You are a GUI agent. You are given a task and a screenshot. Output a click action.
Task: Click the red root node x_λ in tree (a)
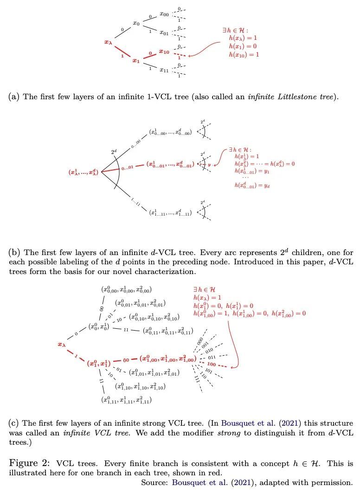(108, 43)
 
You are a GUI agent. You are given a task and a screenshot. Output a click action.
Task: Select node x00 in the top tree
(164, 14)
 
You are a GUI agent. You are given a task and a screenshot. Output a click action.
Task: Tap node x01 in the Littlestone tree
(164, 32)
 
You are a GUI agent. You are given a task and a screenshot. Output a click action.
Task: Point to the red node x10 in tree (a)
(164, 51)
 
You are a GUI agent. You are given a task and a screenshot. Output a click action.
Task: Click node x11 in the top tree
(164, 70)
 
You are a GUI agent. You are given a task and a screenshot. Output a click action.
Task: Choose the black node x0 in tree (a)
(136, 23)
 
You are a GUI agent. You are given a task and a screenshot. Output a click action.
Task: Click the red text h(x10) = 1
(244, 55)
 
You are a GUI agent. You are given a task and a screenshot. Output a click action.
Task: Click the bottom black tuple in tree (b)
(170, 213)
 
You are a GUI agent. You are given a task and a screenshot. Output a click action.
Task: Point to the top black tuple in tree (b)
(170, 133)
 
